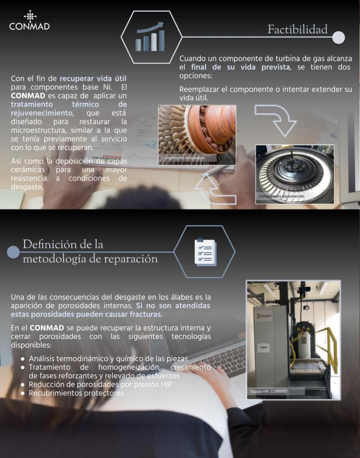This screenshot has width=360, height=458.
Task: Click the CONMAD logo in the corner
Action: (30, 20)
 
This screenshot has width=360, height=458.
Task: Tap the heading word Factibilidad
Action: (297, 29)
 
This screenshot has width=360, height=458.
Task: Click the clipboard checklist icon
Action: (205, 252)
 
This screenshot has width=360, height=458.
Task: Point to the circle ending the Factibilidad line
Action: (339, 38)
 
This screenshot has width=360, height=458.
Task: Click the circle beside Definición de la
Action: (13, 252)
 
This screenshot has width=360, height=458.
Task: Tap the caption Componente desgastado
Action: (183, 158)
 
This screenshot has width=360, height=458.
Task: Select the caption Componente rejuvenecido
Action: (281, 196)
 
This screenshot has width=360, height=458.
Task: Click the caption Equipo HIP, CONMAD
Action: (268, 391)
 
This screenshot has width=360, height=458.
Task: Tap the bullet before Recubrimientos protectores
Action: (22, 393)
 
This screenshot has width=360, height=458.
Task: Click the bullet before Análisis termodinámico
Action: (22, 359)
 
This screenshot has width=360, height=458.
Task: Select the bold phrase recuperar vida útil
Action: (93, 79)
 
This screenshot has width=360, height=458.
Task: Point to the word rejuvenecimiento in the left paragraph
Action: (42, 113)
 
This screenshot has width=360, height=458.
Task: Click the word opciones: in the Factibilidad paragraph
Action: (195, 76)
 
